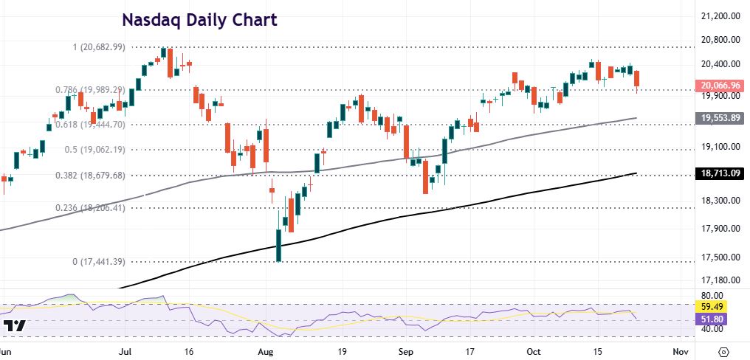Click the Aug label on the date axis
267,351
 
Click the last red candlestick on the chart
636,80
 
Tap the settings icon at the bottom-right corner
723,351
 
